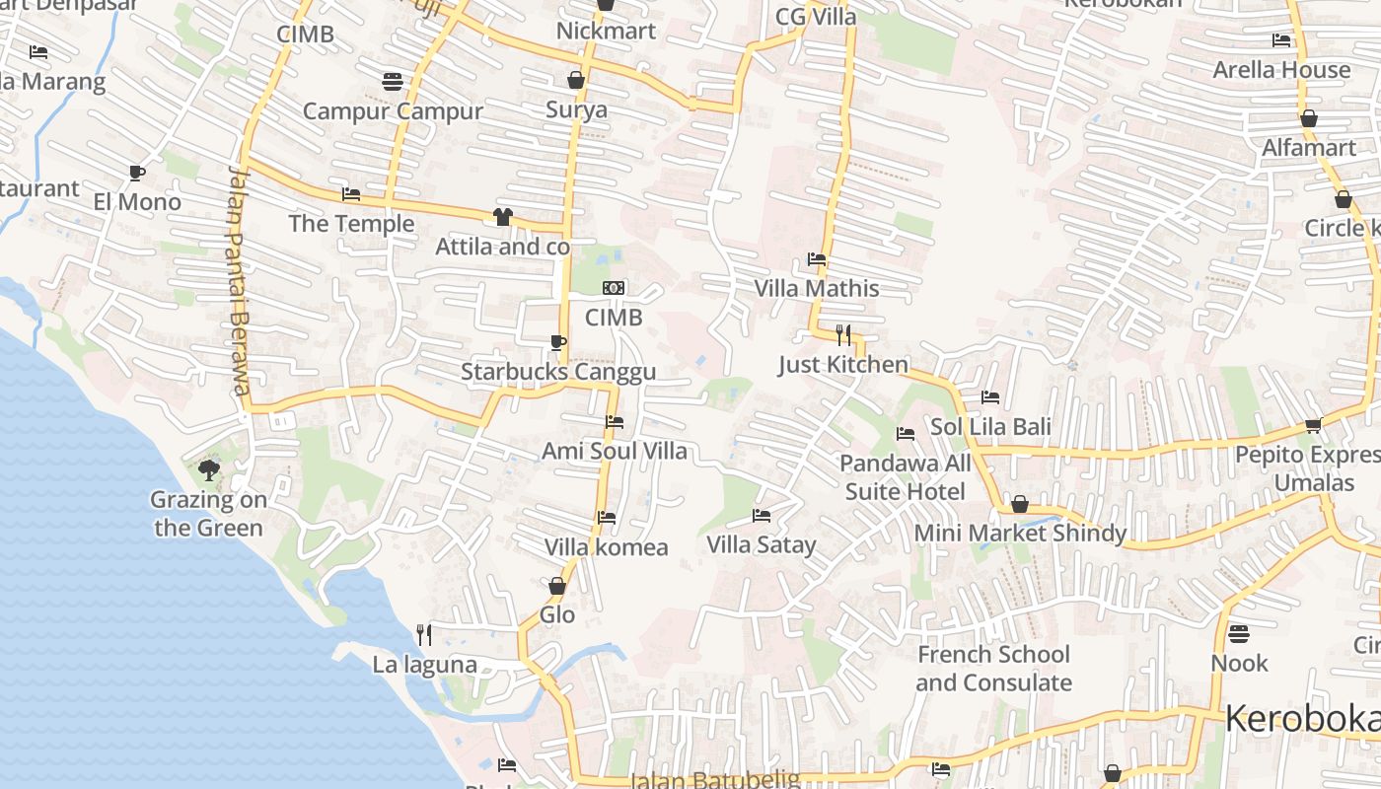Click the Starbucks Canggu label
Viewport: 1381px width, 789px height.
pos(558,372)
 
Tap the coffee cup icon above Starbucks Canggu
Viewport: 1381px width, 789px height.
pos(558,342)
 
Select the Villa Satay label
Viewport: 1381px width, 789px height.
pos(762,544)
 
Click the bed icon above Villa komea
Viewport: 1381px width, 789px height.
pos(607,517)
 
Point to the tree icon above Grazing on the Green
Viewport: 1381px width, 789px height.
pos(208,469)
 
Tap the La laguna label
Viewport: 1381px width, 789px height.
pos(424,665)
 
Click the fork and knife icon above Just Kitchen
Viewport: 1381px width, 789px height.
pos(842,335)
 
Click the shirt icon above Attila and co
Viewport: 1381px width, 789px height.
pos(503,217)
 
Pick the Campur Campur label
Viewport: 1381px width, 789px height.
pos(393,110)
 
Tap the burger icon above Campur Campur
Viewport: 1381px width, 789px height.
pos(393,81)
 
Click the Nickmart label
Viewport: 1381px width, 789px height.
pos(606,31)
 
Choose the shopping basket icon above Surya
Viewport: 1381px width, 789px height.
pos(576,80)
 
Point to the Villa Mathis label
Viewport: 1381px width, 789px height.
pos(817,288)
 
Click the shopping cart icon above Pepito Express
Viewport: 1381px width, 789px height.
pos(1313,426)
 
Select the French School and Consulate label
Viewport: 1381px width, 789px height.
pos(993,669)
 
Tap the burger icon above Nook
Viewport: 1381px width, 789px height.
pos(1239,633)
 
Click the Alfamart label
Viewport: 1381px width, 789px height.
pos(1309,148)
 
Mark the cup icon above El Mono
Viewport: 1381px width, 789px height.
pos(137,174)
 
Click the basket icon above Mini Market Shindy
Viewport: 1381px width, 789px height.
pos(1020,505)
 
